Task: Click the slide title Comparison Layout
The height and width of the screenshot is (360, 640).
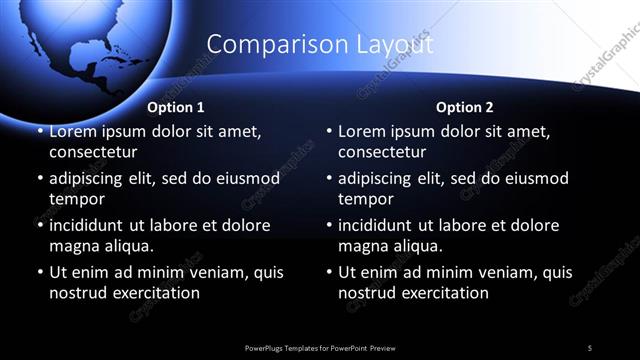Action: coord(320,45)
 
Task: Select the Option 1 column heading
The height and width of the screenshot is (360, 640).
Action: coord(176,107)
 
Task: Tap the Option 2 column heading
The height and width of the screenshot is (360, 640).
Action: coord(464,107)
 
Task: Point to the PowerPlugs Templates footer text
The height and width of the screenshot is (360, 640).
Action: coord(319,347)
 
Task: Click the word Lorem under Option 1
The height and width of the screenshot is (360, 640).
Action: coord(73,131)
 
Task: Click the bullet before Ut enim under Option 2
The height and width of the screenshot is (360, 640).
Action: coord(330,272)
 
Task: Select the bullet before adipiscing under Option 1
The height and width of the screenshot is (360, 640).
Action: coord(40,178)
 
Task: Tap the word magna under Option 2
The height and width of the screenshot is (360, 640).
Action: coord(362,246)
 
